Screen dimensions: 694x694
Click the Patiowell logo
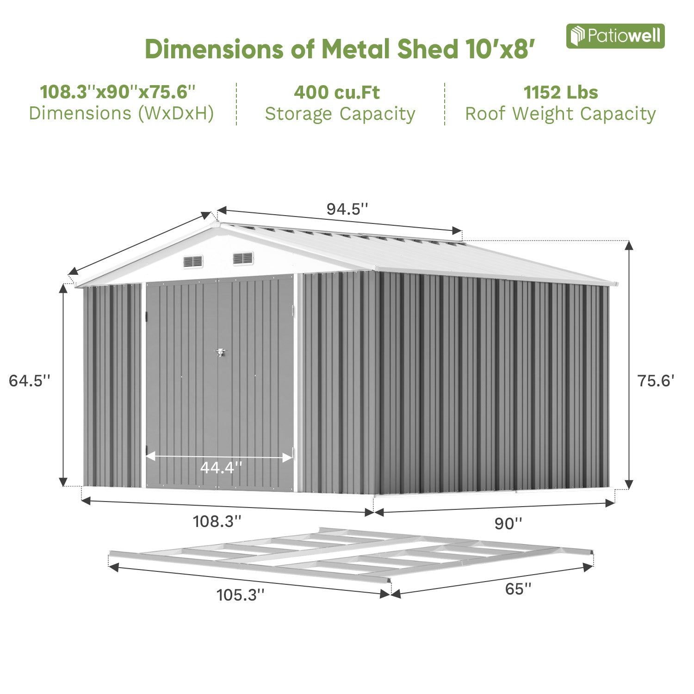(x=615, y=36)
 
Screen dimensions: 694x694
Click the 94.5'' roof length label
(x=347, y=209)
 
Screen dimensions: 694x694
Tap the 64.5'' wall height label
(x=29, y=381)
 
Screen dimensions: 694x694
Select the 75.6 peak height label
(x=656, y=381)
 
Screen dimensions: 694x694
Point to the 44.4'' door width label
(x=221, y=468)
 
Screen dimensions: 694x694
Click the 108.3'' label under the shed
(x=217, y=521)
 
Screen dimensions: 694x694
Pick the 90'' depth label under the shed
(x=508, y=523)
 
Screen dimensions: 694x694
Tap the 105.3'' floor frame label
(x=241, y=595)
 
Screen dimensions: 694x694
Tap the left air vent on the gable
(x=193, y=261)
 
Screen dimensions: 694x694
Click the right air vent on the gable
(x=243, y=258)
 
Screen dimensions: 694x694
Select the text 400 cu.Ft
(x=336, y=93)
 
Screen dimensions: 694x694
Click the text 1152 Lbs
(x=560, y=93)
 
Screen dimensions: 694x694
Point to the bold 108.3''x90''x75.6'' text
(x=118, y=92)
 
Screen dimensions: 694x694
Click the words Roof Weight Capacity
(x=560, y=114)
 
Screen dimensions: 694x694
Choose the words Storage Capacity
(x=340, y=114)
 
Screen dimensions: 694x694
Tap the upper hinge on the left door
(x=146, y=316)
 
